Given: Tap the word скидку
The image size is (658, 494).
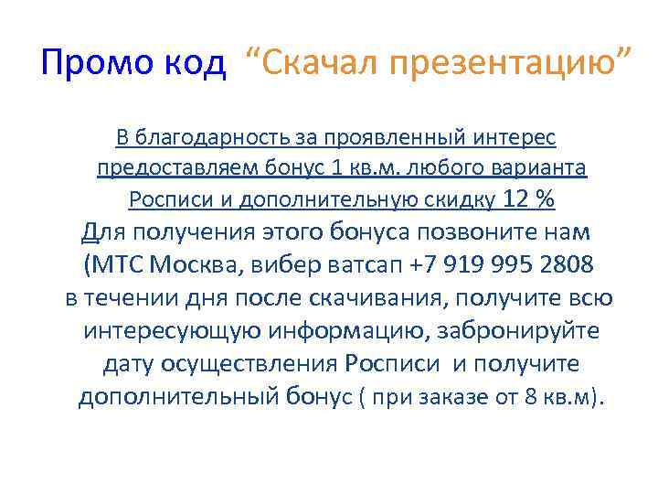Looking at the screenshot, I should (x=457, y=199).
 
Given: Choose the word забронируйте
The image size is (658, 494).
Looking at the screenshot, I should (x=515, y=331).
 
